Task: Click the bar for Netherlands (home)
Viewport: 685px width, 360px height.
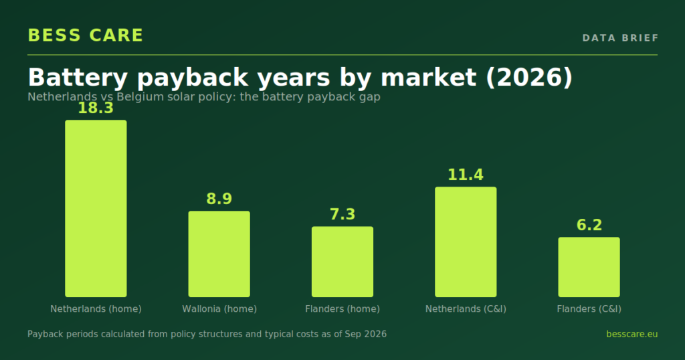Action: tap(96, 208)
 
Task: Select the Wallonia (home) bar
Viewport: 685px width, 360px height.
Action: tap(219, 254)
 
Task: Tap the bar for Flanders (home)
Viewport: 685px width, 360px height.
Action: tap(342, 262)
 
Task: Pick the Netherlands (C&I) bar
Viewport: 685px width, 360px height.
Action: tap(466, 242)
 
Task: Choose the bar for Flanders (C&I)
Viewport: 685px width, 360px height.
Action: tap(589, 267)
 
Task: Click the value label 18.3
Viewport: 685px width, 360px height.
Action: tap(96, 108)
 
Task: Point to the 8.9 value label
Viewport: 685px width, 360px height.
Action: tap(219, 199)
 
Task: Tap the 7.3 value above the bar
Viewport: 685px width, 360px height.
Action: tap(342, 214)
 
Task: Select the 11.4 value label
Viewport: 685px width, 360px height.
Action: tap(466, 175)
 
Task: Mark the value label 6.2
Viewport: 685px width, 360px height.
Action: tap(589, 225)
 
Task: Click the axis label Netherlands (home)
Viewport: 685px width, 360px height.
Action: tap(96, 309)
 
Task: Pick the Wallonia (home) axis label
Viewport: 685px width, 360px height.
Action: tap(219, 309)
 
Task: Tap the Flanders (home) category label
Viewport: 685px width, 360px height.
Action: tap(342, 309)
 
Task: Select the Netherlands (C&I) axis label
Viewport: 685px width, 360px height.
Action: tap(466, 309)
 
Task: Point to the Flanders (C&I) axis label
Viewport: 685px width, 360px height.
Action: tap(589, 309)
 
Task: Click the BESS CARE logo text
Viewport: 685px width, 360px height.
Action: tap(86, 35)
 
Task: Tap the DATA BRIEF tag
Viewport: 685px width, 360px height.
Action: tap(620, 38)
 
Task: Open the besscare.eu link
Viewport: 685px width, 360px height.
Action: tap(631, 334)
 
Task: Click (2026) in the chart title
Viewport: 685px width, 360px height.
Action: tap(528, 78)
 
